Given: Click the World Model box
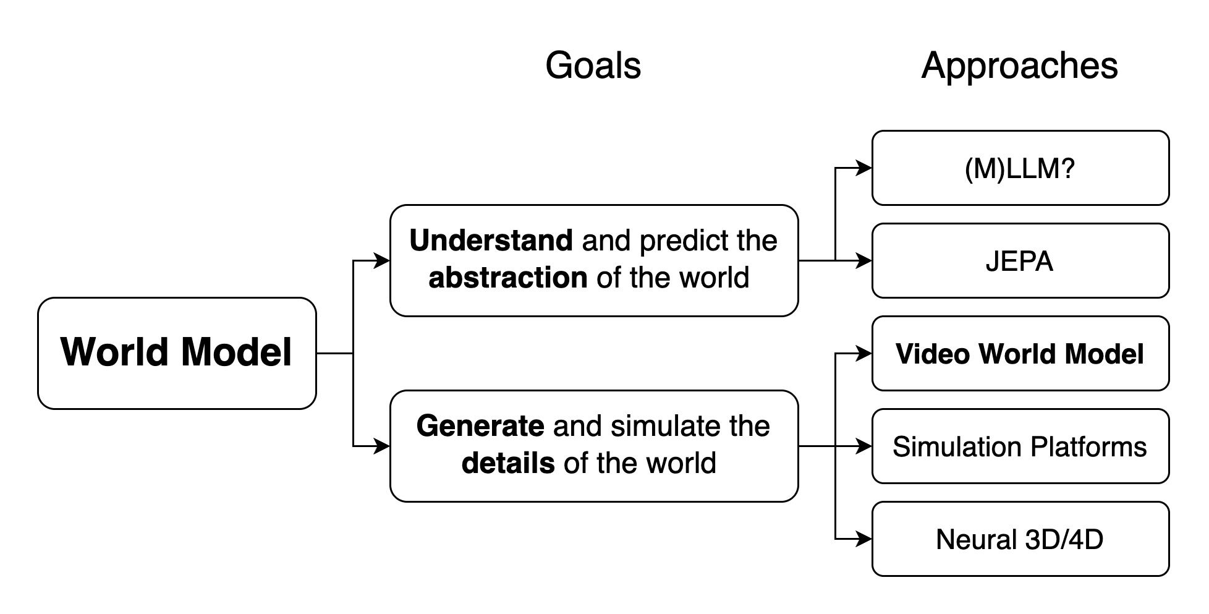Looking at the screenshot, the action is pos(177,353).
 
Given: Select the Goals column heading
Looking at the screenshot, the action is pos(593,66).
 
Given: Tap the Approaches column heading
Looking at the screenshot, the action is pos(1020,66).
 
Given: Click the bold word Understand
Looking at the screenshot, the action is pos(491,241).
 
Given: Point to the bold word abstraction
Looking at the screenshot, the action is pos(507,278).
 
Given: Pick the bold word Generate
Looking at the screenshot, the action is pos(480,426).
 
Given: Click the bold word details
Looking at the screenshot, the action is pos(508,463).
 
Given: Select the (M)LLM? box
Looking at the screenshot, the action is pos(1020,168).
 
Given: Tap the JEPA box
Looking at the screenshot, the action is pos(1020,260).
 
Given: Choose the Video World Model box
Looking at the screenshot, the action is pos(1020,353).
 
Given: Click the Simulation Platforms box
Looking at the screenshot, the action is pos(1020,446).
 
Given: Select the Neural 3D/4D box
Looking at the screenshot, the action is pos(1020,539).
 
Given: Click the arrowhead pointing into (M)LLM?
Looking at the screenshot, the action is pos(863,168).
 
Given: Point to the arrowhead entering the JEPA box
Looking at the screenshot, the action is pos(863,260).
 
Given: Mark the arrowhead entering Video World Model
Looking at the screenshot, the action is pos(863,353).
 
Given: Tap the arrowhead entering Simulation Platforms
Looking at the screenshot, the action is pos(863,446).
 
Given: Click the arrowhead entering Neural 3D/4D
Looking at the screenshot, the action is pos(863,539).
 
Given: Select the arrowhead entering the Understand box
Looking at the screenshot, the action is pos(381,260).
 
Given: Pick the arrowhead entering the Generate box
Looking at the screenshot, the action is pos(381,446).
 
